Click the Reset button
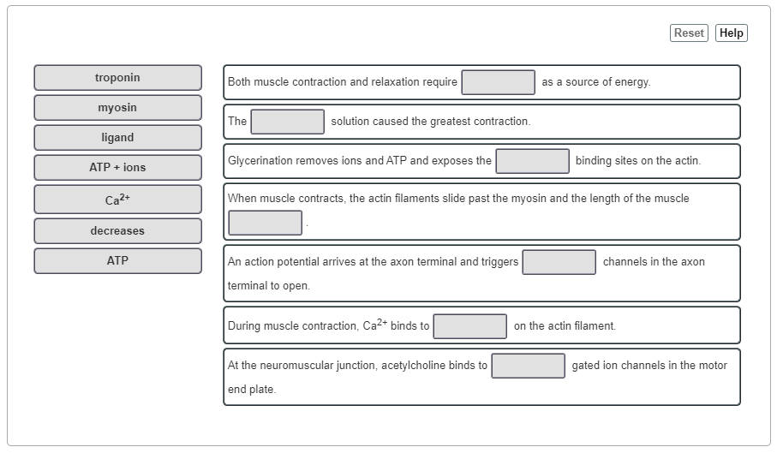click(689, 33)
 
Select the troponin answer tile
click(118, 78)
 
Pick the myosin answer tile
click(118, 108)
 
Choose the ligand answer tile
click(118, 138)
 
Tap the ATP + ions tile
click(118, 168)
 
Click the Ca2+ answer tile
click(118, 200)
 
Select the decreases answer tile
click(118, 231)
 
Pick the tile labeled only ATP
click(118, 261)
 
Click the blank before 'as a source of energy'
click(499, 82)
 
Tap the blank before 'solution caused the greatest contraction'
click(288, 122)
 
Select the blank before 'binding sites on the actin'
click(533, 161)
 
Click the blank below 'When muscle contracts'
click(266, 223)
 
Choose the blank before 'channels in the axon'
click(559, 262)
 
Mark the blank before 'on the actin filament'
click(470, 326)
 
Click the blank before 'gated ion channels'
click(529, 366)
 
